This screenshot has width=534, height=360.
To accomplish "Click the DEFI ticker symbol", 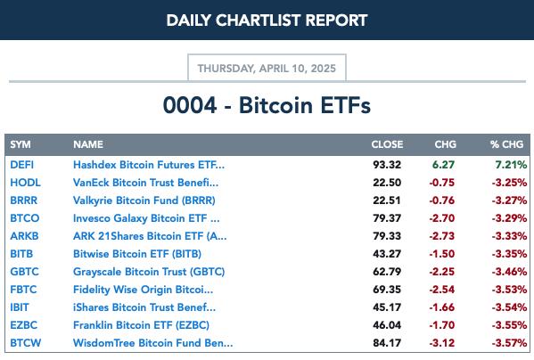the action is pos(21,165).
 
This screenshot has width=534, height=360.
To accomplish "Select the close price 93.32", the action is pos(387,165).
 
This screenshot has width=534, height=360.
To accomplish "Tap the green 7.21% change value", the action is pos(511,165).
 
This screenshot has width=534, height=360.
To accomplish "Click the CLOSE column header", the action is pos(387,144).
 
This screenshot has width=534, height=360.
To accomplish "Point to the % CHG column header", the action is pos(506,144).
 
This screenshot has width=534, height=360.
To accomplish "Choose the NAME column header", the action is pos(88,144).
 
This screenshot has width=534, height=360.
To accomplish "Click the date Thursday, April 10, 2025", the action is pos(267,69).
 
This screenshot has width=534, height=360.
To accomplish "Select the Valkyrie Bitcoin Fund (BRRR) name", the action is pos(144,200).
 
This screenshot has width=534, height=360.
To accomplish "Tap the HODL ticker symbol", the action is pos(25,183).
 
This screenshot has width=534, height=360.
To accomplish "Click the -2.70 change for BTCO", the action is pos(441,218).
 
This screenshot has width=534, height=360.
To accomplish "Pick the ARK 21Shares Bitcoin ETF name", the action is pos(150,236).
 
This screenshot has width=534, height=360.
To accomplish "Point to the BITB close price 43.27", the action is pos(387,254).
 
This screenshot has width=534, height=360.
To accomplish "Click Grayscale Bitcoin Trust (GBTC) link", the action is pos(149,272).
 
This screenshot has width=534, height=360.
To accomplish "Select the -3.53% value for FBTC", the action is pos(509,290).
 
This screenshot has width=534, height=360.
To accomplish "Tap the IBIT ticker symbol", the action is pos(20,307).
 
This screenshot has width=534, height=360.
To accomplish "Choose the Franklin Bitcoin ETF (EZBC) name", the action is pos(142,325).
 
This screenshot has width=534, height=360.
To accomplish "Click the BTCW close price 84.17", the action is pos(387,343).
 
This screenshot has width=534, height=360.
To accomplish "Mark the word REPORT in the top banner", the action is pos(336,20).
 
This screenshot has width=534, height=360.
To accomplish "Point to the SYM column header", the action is pos(21,144).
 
